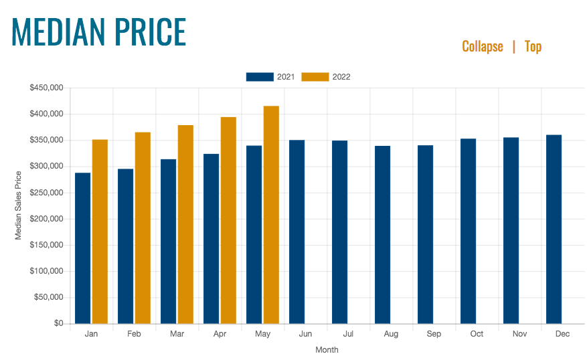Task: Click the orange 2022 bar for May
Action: tap(271, 215)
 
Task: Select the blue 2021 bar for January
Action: tap(83, 248)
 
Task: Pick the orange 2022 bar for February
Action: tap(143, 228)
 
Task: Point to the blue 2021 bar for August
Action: tap(382, 235)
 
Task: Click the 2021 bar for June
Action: tap(297, 232)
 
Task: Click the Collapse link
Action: tap(482, 46)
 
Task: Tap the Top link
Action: tap(533, 46)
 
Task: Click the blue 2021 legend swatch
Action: tap(260, 77)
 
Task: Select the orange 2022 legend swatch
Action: tap(315, 77)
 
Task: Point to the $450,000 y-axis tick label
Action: tap(46, 88)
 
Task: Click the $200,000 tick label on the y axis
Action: tap(46, 219)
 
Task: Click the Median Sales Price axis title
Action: tap(19, 205)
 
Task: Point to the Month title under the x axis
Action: tap(327, 350)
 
